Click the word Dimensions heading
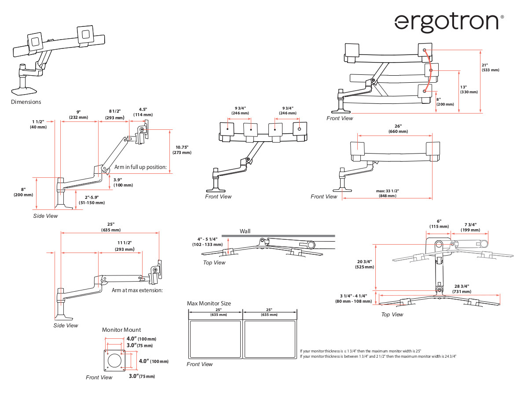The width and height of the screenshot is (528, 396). (x=26, y=102)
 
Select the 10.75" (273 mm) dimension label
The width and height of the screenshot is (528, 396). (x=182, y=150)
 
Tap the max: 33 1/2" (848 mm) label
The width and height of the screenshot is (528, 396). (x=387, y=193)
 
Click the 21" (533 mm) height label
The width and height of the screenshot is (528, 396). (x=490, y=67)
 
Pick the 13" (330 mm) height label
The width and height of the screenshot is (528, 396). (x=469, y=89)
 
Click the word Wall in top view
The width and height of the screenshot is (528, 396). (x=245, y=231)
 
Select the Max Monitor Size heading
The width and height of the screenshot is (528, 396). (x=209, y=304)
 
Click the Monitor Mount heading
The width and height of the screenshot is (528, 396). (x=121, y=330)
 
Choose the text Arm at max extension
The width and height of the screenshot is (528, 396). (x=137, y=290)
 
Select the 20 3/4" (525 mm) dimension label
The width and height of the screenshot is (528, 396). (x=364, y=264)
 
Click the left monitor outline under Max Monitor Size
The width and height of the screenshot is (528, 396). (x=215, y=339)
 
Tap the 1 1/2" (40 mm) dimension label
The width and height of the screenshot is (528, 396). (x=39, y=124)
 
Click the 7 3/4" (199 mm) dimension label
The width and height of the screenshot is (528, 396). (x=470, y=227)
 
